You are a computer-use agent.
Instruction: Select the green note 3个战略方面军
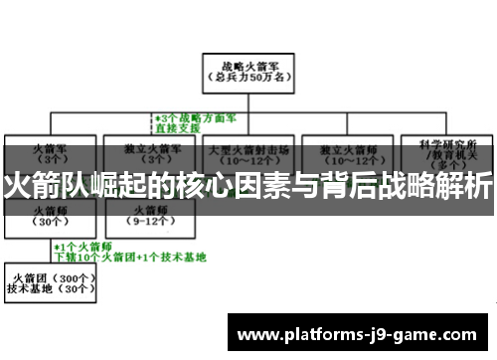(x=195, y=116)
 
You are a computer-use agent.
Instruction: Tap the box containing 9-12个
(x=149, y=220)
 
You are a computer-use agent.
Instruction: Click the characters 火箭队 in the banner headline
(x=42, y=185)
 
